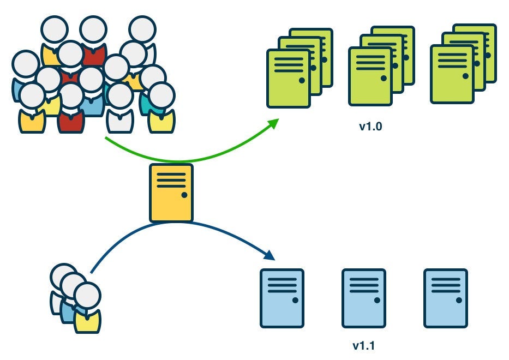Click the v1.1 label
click(x=363, y=345)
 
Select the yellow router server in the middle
click(x=171, y=193)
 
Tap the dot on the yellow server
click(x=184, y=195)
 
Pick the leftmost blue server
click(x=282, y=298)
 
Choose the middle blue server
click(x=363, y=298)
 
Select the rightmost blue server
click(x=445, y=298)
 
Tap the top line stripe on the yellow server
click(x=171, y=174)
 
